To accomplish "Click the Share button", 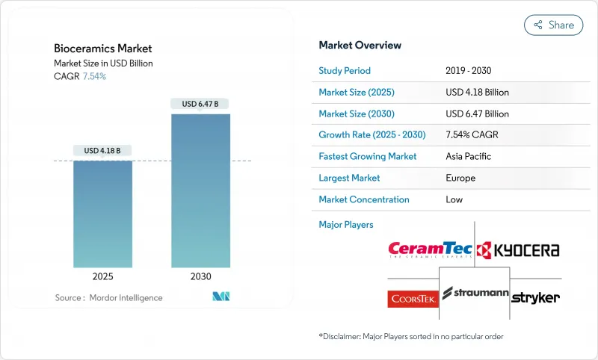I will pyautogui.click(x=553, y=25).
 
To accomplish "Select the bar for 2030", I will pyautogui.click(x=200, y=190).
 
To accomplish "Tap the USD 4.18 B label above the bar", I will pyautogui.click(x=102, y=150).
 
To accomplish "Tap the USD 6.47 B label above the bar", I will pyautogui.click(x=200, y=104).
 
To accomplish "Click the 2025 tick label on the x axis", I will pyautogui.click(x=102, y=276).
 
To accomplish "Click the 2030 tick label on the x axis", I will pyautogui.click(x=200, y=276).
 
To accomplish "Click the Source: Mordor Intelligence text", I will pyautogui.click(x=108, y=297).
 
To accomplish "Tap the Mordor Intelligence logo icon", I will pyautogui.click(x=221, y=297).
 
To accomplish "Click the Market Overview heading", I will pyautogui.click(x=360, y=46).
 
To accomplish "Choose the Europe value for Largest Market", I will pyautogui.click(x=460, y=178).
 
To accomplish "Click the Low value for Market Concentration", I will pyautogui.click(x=454, y=199).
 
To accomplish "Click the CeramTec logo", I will pyautogui.click(x=430, y=249).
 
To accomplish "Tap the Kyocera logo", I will pyautogui.click(x=518, y=249).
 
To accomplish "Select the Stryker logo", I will pyautogui.click(x=535, y=297).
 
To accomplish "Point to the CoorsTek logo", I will pyautogui.click(x=413, y=299).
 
